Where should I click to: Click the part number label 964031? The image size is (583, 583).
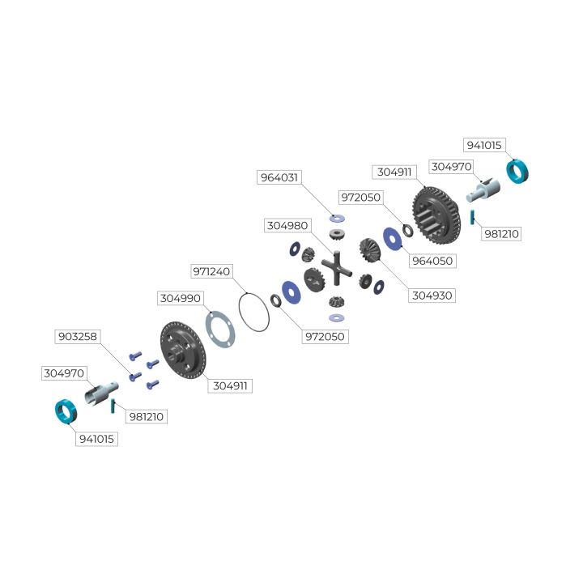279,177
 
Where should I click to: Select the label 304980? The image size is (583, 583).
287,225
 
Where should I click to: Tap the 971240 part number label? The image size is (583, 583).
211,271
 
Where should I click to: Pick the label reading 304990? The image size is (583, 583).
181,298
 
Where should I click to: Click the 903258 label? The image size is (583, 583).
78,337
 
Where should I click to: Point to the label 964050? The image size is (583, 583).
432,261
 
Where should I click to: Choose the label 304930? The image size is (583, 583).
432,296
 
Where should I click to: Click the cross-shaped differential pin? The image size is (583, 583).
337,268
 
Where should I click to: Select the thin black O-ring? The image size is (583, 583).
254,313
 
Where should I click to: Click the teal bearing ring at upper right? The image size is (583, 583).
517,172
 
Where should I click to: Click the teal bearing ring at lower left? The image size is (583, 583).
66,411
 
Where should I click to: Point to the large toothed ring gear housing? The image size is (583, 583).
436,215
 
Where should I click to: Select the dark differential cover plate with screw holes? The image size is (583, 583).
183,351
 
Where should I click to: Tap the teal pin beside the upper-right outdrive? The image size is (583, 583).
472,217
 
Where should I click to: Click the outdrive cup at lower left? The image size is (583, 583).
101,392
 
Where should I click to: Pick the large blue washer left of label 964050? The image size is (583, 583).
393,239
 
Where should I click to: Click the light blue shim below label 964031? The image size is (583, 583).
337,219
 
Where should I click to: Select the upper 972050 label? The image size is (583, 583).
360,198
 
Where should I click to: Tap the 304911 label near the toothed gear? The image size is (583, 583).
394,172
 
